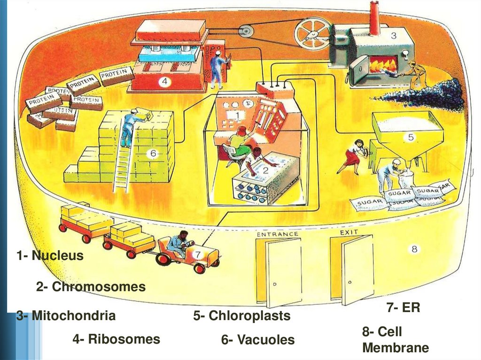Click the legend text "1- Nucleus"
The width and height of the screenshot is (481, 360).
pos(50,256)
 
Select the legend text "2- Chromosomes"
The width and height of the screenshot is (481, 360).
pos(91,287)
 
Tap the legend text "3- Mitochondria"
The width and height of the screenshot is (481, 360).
pos(66,315)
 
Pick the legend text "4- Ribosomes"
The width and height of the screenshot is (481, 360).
pos(116,339)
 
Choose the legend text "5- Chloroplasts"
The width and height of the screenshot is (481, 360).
pos(242,316)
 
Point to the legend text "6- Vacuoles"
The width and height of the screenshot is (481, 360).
pos(258,339)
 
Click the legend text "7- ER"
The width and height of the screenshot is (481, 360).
pos(403,308)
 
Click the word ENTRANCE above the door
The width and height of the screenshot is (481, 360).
pos(277,233)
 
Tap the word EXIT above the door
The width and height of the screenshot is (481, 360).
pos(349,232)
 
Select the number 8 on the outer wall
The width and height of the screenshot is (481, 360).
pos(414,249)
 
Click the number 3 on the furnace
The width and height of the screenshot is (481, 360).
pos(394,35)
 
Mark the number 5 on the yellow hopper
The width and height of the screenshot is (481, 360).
pos(411,138)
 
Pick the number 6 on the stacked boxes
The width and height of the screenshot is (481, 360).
pos(153,153)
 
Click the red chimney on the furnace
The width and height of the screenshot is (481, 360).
pos(375,18)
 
